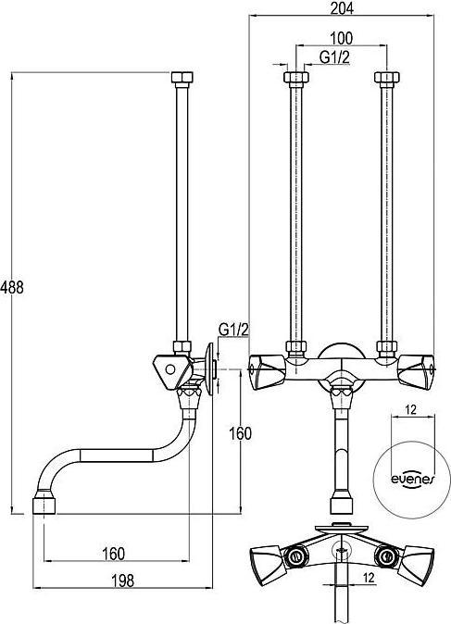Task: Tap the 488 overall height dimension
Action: coord(12,286)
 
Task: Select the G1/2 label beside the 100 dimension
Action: coord(334,57)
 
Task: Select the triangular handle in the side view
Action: coord(169,370)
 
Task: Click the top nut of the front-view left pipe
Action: coord(295,78)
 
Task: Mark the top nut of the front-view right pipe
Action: coord(383,78)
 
